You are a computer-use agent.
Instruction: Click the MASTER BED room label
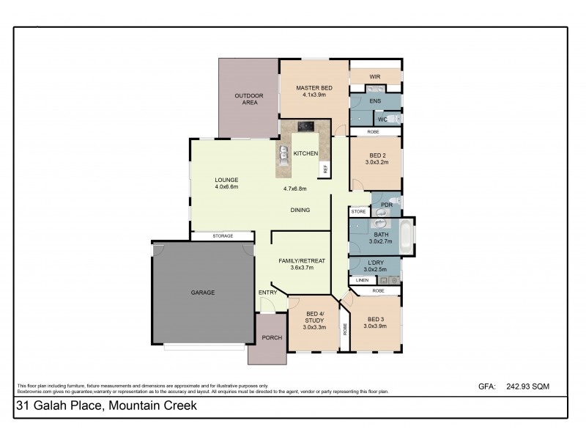pos(314,88)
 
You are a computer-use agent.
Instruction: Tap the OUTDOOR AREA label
pos(248,99)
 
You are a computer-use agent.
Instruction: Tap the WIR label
pos(375,76)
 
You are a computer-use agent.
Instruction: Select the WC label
pos(382,120)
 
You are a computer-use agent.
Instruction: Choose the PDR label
pos(386,205)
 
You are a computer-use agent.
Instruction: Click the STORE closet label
pos(358,211)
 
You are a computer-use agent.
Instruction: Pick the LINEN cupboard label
pos(362,280)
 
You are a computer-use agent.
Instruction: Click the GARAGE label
pos(203,293)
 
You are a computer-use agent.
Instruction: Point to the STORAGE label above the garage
pos(223,235)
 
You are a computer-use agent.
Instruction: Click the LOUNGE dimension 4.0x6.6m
pos(226,187)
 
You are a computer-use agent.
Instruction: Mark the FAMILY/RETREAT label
pos(301,260)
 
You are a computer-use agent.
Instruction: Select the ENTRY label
pos(267,293)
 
